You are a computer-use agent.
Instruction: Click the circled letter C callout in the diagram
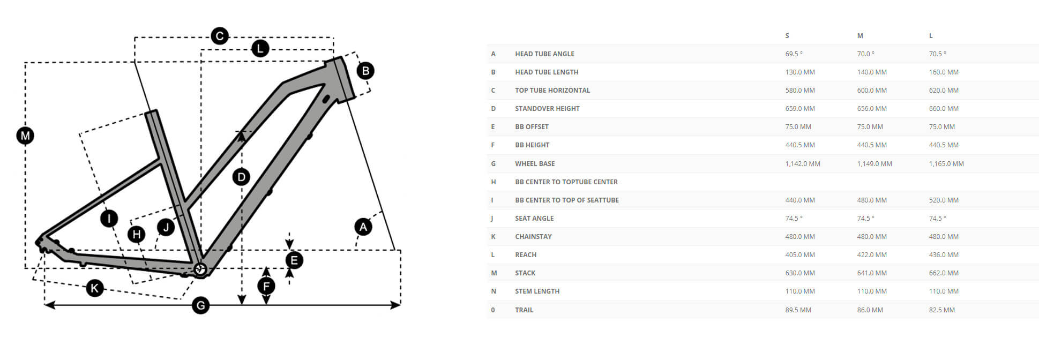click(220, 36)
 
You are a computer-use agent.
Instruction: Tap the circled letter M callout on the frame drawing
click(25, 136)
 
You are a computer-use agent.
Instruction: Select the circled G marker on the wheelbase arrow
click(200, 306)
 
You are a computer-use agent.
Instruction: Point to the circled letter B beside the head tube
click(365, 71)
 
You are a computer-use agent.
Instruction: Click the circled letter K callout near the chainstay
click(95, 289)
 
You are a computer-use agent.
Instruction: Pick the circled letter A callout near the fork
click(363, 227)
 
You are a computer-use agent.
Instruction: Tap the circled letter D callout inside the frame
click(241, 177)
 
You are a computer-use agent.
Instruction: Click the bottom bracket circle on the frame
click(200, 268)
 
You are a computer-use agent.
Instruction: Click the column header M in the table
click(860, 36)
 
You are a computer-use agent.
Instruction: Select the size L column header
click(931, 36)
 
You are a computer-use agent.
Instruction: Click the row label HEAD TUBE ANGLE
click(544, 54)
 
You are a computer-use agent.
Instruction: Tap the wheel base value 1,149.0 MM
click(874, 164)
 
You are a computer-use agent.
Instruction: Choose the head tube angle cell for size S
click(794, 54)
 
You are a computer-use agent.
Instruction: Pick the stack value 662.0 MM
click(944, 273)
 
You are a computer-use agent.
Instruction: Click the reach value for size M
click(872, 255)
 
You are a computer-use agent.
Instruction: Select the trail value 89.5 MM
click(798, 310)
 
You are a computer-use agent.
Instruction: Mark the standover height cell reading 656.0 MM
click(872, 109)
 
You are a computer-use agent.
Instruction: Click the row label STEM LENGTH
click(537, 291)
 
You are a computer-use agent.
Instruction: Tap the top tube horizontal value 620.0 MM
click(944, 91)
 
